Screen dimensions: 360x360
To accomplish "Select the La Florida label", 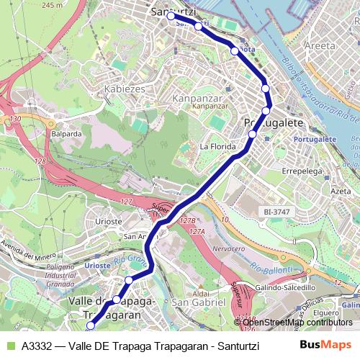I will tap(218, 147).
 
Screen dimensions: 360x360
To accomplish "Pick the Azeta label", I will tap(340, 192).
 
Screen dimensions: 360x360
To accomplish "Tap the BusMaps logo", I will tap(326, 345).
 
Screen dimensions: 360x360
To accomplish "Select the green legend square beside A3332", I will tap(9, 345).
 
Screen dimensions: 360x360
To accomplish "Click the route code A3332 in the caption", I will tap(37, 345).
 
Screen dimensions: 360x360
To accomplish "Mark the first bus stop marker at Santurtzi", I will tap(171, 16).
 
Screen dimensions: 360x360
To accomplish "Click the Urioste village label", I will tap(109, 222).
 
